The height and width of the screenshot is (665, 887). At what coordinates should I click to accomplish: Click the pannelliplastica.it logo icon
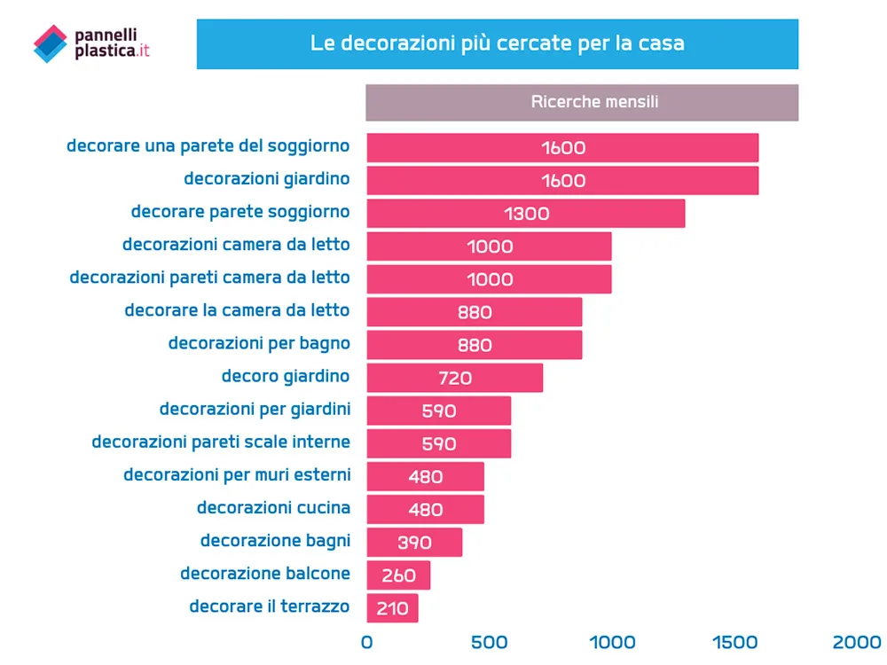pyautogui.click(x=50, y=43)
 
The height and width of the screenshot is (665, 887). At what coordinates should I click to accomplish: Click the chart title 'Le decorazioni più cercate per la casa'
pyautogui.click(x=497, y=43)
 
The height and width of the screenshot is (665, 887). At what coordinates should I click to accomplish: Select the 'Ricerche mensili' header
pyautogui.click(x=582, y=102)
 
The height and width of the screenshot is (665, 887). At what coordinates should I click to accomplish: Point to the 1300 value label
pyautogui.click(x=526, y=214)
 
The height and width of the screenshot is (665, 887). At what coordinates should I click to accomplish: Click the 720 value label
pyautogui.click(x=455, y=378)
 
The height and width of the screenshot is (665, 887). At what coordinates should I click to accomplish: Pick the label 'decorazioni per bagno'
pyautogui.click(x=259, y=343)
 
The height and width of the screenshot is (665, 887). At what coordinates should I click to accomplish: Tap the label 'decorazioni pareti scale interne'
pyautogui.click(x=221, y=442)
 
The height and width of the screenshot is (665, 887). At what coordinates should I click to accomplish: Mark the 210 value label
pyautogui.click(x=391, y=608)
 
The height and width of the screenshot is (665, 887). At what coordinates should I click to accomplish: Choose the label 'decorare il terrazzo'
pyautogui.click(x=270, y=606)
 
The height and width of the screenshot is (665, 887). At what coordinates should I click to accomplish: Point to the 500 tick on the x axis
pyautogui.click(x=489, y=641)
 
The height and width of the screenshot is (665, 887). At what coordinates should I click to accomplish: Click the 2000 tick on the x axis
pyautogui.click(x=857, y=641)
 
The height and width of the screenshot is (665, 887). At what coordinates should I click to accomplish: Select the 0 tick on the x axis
pyautogui.click(x=367, y=641)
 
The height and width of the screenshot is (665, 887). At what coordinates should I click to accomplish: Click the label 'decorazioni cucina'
pyautogui.click(x=273, y=508)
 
